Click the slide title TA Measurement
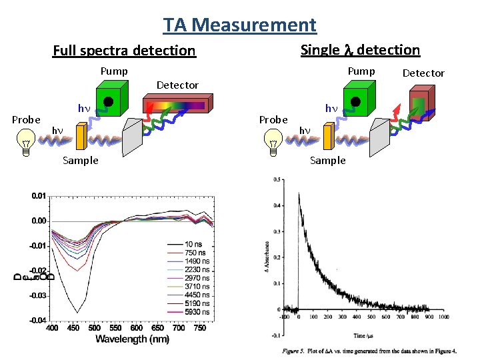(x=240, y=25)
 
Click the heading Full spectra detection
(x=124, y=51)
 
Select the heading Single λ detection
(x=360, y=50)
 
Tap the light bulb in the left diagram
(x=26, y=142)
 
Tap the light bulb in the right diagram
(x=273, y=142)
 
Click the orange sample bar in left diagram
(x=81, y=137)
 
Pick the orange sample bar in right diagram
(x=328, y=137)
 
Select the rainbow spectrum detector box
(x=177, y=105)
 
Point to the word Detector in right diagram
(x=423, y=73)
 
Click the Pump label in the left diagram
(x=114, y=71)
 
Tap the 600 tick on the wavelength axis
(x=136, y=328)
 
